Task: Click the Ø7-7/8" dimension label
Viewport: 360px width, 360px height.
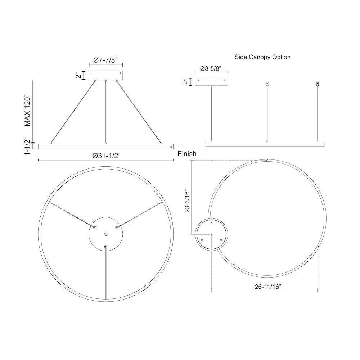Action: tap(105, 60)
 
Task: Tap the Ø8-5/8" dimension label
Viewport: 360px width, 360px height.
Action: tap(211, 68)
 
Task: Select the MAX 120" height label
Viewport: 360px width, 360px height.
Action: tap(28, 111)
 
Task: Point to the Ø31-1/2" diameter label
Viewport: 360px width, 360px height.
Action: tap(107, 156)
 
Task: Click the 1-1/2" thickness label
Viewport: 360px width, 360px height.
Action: tap(28, 146)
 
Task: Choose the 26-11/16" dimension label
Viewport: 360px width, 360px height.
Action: tap(268, 287)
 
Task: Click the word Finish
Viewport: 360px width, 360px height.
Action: tap(187, 154)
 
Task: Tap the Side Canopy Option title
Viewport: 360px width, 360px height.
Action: tap(262, 57)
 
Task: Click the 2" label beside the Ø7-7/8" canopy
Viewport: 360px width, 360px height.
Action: tap(78, 75)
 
